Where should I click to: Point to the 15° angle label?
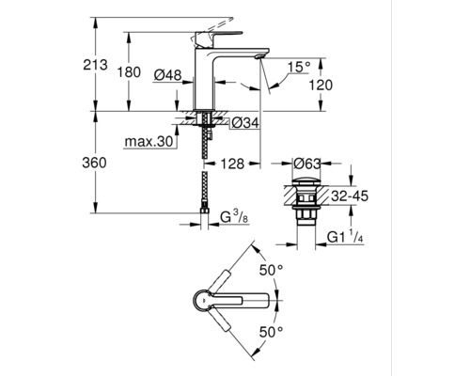(x=299, y=67)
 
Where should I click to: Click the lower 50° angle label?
(x=273, y=333)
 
